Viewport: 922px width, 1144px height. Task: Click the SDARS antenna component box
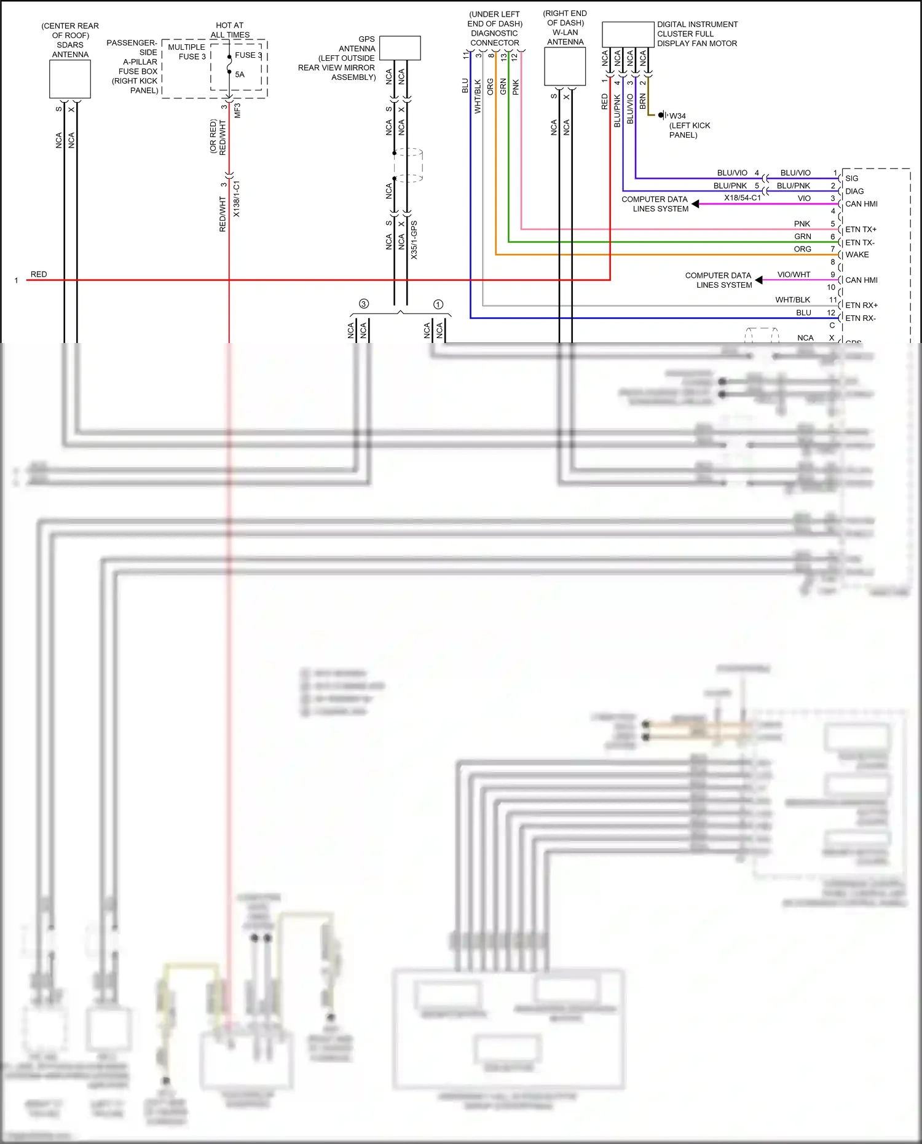pyautogui.click(x=70, y=79)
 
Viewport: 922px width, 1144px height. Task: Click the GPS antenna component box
pyautogui.click(x=400, y=48)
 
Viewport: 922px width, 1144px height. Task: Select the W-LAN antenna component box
pyautogui.click(x=565, y=67)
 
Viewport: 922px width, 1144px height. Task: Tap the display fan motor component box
pyautogui.click(x=628, y=34)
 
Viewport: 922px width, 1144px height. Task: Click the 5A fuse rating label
pyautogui.click(x=240, y=74)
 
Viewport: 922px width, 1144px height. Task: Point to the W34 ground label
pyautogui.click(x=677, y=116)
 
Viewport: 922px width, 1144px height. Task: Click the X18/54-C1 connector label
pyautogui.click(x=742, y=198)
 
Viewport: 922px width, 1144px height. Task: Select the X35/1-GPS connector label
pyautogui.click(x=414, y=240)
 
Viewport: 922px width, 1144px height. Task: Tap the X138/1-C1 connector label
pyautogui.click(x=237, y=199)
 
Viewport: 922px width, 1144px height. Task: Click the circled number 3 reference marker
pyautogui.click(x=364, y=304)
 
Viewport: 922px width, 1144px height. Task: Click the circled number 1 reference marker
pyautogui.click(x=438, y=304)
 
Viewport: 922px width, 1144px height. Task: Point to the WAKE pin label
pyautogui.click(x=857, y=254)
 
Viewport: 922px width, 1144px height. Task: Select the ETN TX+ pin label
pyautogui.click(x=861, y=229)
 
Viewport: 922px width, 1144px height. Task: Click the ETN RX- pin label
pyautogui.click(x=861, y=318)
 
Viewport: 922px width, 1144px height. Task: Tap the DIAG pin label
pyautogui.click(x=854, y=191)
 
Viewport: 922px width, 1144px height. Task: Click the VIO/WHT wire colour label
pyautogui.click(x=794, y=274)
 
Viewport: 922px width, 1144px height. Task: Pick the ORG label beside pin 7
pyautogui.click(x=802, y=249)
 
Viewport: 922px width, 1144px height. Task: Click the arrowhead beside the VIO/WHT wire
pyautogui.click(x=759, y=280)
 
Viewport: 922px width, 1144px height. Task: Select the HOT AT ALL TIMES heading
pyautogui.click(x=230, y=30)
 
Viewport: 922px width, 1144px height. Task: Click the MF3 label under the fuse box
pyautogui.click(x=237, y=111)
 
